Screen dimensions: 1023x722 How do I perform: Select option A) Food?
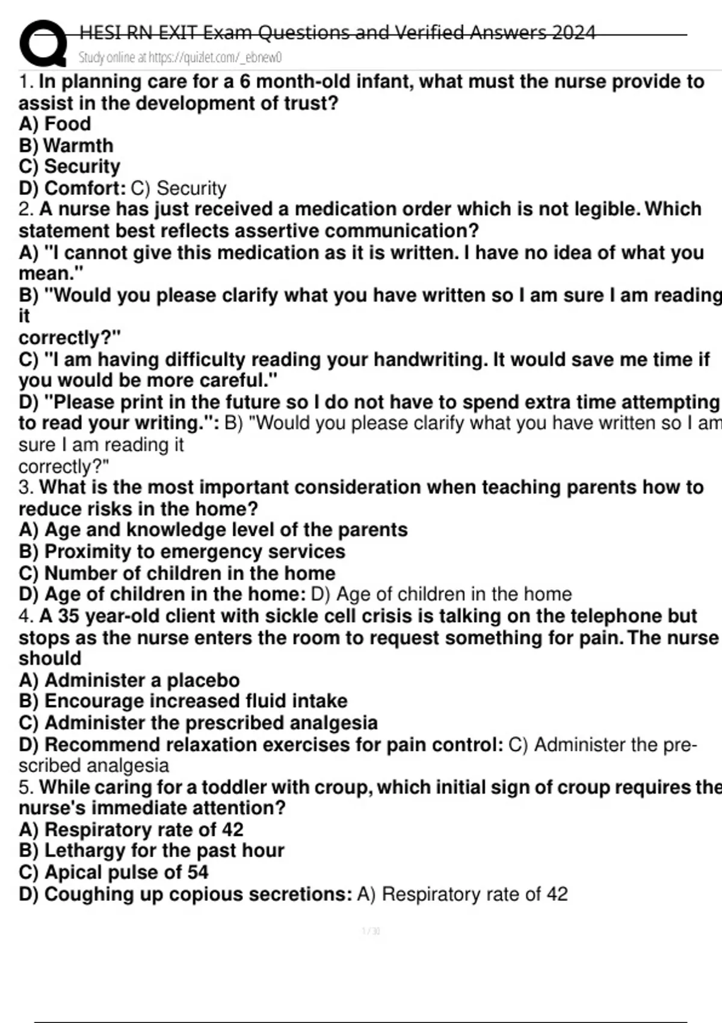[55, 124]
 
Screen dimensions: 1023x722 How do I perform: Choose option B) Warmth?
[66, 146]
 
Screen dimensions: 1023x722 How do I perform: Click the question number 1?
[25, 82]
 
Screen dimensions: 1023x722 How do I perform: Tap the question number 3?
[25, 487]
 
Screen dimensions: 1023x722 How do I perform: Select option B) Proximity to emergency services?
[182, 551]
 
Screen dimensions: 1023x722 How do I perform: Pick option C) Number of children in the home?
[177, 573]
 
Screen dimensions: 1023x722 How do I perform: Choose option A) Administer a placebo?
[129, 680]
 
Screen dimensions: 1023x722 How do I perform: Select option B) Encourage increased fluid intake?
[183, 701]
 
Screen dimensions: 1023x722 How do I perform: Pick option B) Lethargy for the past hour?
[152, 850]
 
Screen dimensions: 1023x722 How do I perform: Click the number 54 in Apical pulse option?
[197, 872]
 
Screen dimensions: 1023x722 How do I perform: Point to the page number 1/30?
[371, 932]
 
